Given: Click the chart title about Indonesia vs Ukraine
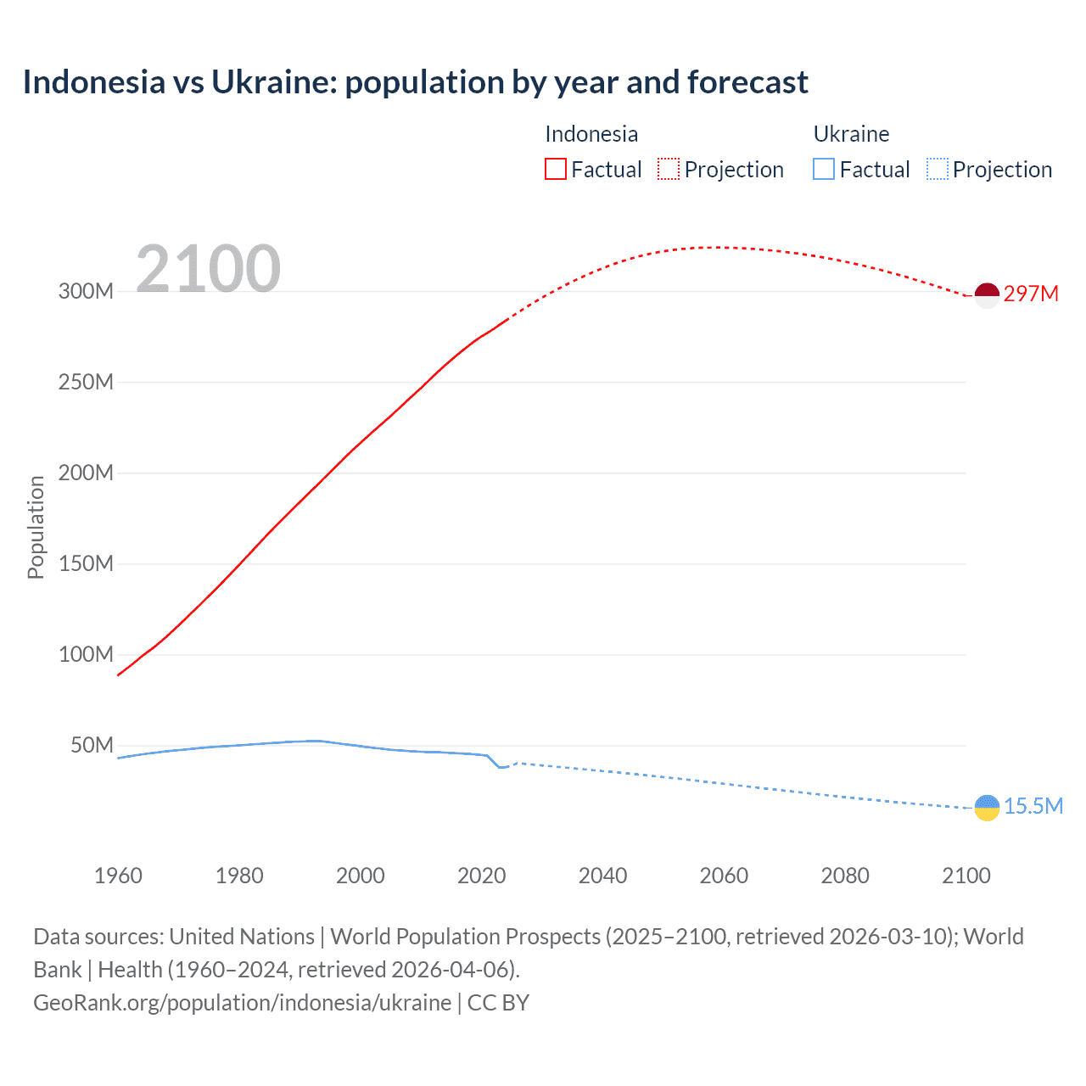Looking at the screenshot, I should tap(415, 82).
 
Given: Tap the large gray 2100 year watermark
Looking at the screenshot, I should tap(208, 269).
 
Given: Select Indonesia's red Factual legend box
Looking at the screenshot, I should tap(555, 169).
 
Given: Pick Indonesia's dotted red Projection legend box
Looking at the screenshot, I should tap(669, 169).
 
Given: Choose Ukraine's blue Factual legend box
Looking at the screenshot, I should tap(824, 169).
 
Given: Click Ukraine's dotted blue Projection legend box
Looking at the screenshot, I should tap(938, 169).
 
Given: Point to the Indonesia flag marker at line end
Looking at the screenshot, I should tap(987, 295).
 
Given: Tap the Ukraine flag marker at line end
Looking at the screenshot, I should tap(987, 808).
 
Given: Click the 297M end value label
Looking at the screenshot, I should tap(1031, 294).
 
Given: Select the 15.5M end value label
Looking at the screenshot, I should tap(1033, 806).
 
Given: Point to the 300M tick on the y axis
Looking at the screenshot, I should tap(86, 291).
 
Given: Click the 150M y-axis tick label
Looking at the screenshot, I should tap(86, 563).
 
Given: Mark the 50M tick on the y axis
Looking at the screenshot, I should tap(92, 745).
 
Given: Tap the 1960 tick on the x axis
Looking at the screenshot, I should tap(118, 876).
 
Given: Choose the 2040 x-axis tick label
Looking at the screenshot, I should tap(602, 876).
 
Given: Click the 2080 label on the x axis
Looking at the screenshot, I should tap(845, 876).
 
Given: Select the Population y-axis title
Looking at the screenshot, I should tap(36, 527).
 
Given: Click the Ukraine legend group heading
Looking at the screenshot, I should tap(851, 134).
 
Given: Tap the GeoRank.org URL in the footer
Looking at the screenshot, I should tap(242, 1003).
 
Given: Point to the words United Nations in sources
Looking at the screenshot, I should tap(242, 937).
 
